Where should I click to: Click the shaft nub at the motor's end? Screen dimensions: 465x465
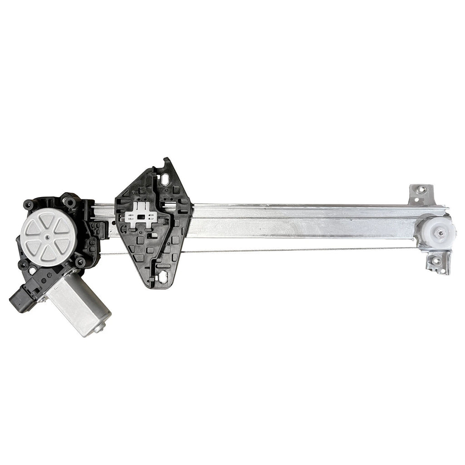100,328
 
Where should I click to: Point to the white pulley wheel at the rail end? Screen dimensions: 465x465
438,232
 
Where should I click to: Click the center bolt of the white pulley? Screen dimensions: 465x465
439,232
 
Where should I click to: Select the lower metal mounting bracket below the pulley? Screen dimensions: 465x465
438,262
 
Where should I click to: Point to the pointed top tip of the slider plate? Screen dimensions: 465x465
167,160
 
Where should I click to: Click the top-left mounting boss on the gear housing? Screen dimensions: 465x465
28,205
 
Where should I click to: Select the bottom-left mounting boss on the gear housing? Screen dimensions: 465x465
22,265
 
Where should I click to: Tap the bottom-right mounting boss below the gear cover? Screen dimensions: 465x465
81,262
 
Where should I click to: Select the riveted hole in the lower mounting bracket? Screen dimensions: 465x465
437,261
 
